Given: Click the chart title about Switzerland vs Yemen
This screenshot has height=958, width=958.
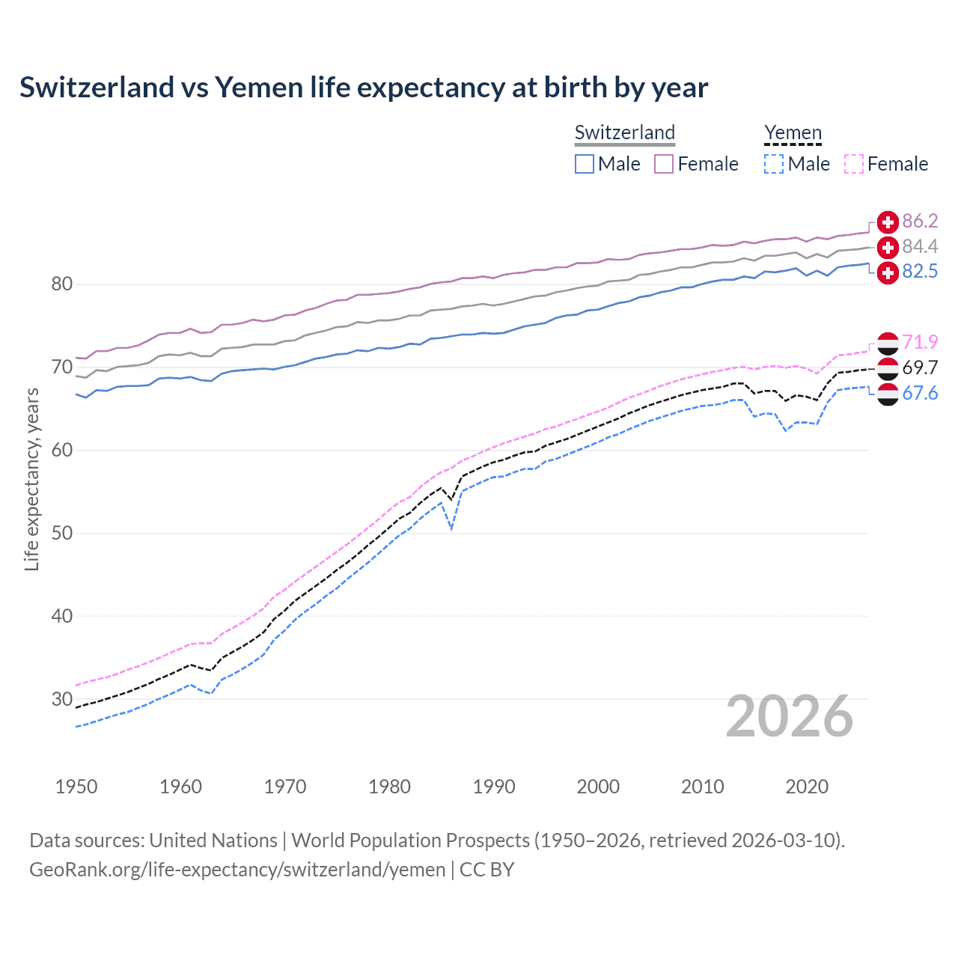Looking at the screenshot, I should pos(364,88).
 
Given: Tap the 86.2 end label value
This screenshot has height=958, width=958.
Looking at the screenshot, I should pos(920,221).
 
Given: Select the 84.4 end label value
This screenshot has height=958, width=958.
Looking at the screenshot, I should pos(920,246).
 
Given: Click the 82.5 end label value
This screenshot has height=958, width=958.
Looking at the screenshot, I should pos(920,271).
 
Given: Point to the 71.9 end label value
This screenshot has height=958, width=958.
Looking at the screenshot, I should pos(920,342).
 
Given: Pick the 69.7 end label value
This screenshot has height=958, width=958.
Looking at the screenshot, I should pos(920,367).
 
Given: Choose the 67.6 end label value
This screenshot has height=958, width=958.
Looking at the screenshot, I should pos(920,393).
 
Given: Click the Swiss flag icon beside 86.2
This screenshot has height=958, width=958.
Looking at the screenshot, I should pos(888,222).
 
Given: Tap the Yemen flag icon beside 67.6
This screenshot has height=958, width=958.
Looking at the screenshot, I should pos(888,394).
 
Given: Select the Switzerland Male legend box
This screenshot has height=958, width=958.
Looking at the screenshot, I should pos(585,164).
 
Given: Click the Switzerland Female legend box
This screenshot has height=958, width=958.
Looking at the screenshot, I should pos(664,164).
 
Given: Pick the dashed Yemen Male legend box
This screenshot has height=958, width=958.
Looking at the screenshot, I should pos(774,164).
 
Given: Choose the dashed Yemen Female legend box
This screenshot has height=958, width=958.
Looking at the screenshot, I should pos(854,164).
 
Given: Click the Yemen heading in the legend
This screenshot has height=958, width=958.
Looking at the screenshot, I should pos(793,132).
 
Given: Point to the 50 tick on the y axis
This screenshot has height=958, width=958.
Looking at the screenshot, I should pos(62,533).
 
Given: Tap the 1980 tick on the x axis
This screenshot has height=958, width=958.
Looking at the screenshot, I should pos(389,787).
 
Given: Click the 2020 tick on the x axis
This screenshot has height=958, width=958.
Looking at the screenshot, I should pos(807,787).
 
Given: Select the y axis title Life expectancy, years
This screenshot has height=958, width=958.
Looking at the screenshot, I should pos(31,479).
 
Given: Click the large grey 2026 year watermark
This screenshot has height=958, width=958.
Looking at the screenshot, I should pos(790,716).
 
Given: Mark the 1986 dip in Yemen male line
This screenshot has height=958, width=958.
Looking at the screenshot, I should pos(451,528).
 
